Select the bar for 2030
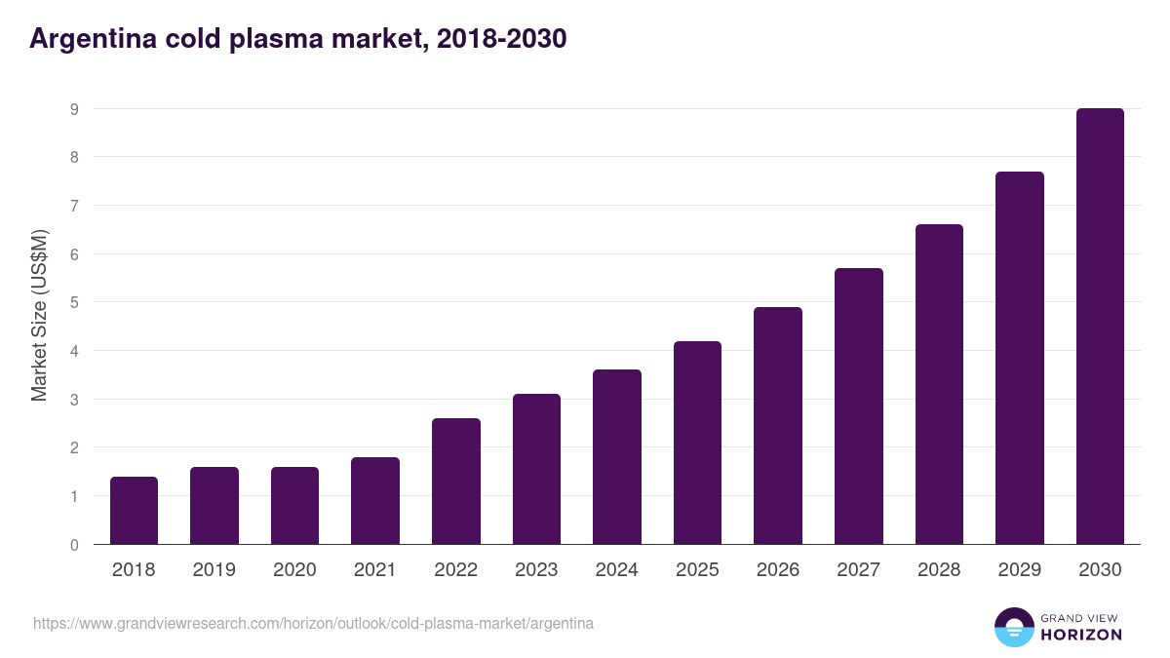click(x=1100, y=327)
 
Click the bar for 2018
click(x=134, y=511)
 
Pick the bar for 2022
click(x=455, y=482)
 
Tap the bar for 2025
click(x=697, y=443)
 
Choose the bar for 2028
click(x=939, y=384)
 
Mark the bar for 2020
click(x=294, y=506)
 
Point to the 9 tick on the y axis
click(x=74, y=109)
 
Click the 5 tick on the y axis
click(x=74, y=302)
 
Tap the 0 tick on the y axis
click(x=74, y=545)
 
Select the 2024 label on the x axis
click(x=616, y=570)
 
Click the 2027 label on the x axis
click(x=858, y=570)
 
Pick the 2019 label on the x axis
click(x=214, y=570)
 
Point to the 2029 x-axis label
click(x=1019, y=570)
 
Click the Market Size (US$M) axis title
click(x=39, y=315)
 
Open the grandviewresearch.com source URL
click(x=313, y=623)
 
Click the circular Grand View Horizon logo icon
click(x=1013, y=627)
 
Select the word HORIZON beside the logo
click(x=1081, y=635)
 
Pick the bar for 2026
click(x=777, y=426)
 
